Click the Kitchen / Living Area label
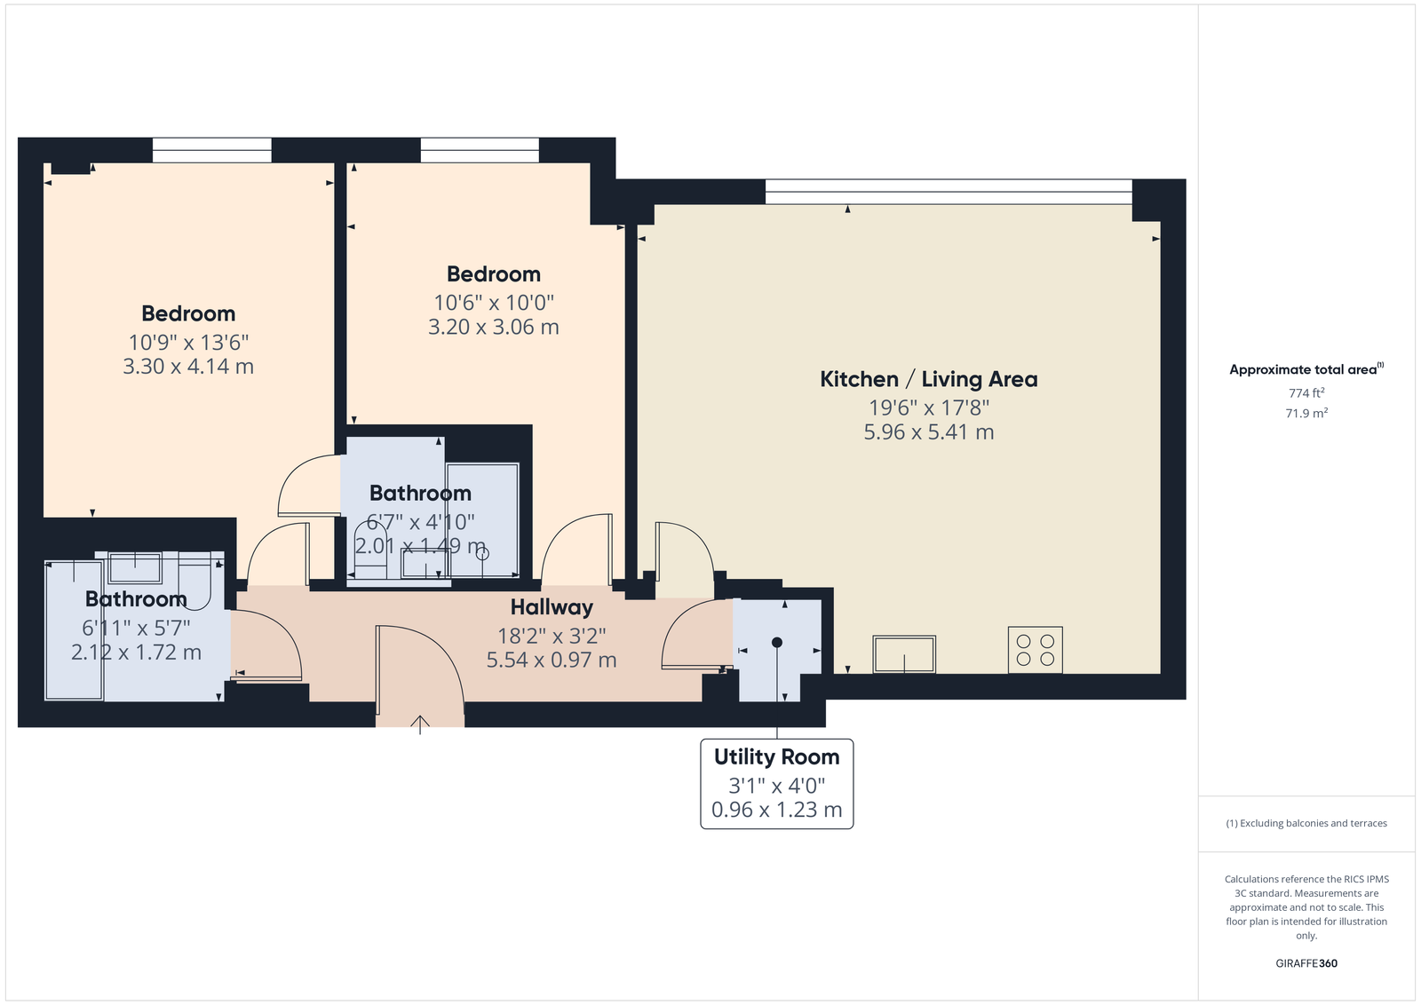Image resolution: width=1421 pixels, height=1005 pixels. (x=929, y=379)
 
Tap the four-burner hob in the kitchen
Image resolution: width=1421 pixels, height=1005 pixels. (x=1036, y=650)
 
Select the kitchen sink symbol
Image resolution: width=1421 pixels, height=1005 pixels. (x=904, y=653)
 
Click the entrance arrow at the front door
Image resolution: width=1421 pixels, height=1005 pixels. (x=420, y=724)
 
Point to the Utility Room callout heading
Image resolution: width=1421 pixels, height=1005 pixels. (x=776, y=757)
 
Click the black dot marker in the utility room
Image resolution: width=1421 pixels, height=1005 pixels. (x=776, y=642)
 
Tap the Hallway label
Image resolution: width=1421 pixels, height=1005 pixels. (x=552, y=607)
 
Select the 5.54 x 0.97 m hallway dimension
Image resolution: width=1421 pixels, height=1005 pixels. (x=552, y=660)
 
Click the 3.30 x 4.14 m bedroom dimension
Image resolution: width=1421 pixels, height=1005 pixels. (x=187, y=367)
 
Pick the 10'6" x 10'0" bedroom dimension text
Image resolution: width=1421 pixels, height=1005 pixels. (x=494, y=303)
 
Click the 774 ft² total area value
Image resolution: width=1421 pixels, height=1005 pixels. (x=1306, y=393)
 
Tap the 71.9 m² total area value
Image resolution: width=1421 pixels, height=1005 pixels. (x=1306, y=414)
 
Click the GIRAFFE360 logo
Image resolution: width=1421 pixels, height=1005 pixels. (x=1306, y=963)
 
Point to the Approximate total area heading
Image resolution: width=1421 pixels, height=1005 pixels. (x=1306, y=369)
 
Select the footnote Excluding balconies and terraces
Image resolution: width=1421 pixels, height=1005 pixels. (x=1306, y=823)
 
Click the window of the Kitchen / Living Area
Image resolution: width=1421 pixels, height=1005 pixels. (x=949, y=192)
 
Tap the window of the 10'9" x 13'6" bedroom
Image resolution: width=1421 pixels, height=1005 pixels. (x=212, y=150)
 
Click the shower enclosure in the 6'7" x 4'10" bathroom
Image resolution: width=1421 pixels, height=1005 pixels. (x=482, y=519)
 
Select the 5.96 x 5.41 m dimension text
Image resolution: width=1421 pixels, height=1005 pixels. (x=929, y=432)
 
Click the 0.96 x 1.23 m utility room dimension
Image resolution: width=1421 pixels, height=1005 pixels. (x=776, y=810)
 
